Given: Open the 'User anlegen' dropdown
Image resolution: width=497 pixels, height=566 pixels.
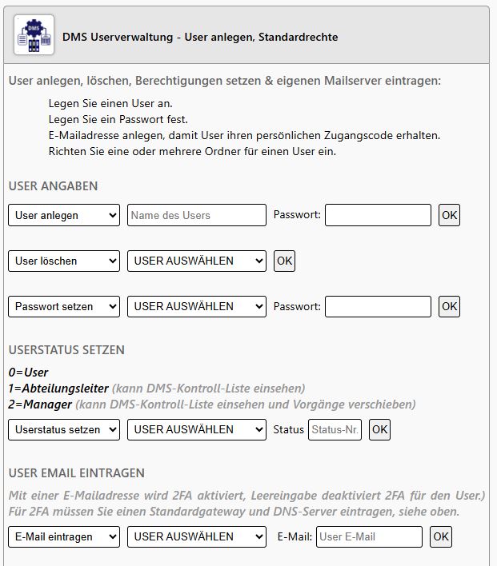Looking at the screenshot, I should click(64, 215).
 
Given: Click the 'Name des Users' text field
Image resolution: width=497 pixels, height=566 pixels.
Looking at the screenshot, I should click(196, 215).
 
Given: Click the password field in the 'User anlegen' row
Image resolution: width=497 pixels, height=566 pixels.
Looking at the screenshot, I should click(378, 215).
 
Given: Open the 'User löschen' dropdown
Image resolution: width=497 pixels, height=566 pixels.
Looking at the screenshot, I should click(64, 261).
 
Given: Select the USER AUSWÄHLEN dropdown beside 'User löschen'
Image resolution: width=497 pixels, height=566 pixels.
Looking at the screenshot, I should click(196, 261).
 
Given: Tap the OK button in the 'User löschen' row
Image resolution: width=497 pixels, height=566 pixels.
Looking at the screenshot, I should click(284, 261).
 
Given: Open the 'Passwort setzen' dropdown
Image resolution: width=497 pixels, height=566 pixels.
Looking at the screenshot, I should click(64, 306).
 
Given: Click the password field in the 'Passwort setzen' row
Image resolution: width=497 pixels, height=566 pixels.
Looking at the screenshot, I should click(378, 306).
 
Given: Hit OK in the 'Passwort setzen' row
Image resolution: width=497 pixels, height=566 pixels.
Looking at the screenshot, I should click(450, 306).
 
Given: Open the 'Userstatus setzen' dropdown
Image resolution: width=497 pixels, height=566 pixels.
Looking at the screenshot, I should click(64, 429).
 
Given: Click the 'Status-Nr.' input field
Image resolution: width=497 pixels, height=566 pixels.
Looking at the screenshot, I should click(335, 429).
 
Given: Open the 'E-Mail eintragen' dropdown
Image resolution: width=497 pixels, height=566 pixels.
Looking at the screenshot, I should click(64, 536).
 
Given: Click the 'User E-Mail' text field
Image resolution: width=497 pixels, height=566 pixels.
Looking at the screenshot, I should click(369, 536).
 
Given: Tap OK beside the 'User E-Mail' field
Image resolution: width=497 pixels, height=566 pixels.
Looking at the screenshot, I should click(441, 536).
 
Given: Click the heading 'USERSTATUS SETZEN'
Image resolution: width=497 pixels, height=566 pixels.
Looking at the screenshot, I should click(66, 350).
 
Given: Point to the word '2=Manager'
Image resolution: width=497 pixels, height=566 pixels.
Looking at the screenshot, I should click(40, 404).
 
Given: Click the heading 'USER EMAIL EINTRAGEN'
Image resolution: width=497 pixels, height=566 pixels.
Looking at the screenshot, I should click(77, 473).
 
